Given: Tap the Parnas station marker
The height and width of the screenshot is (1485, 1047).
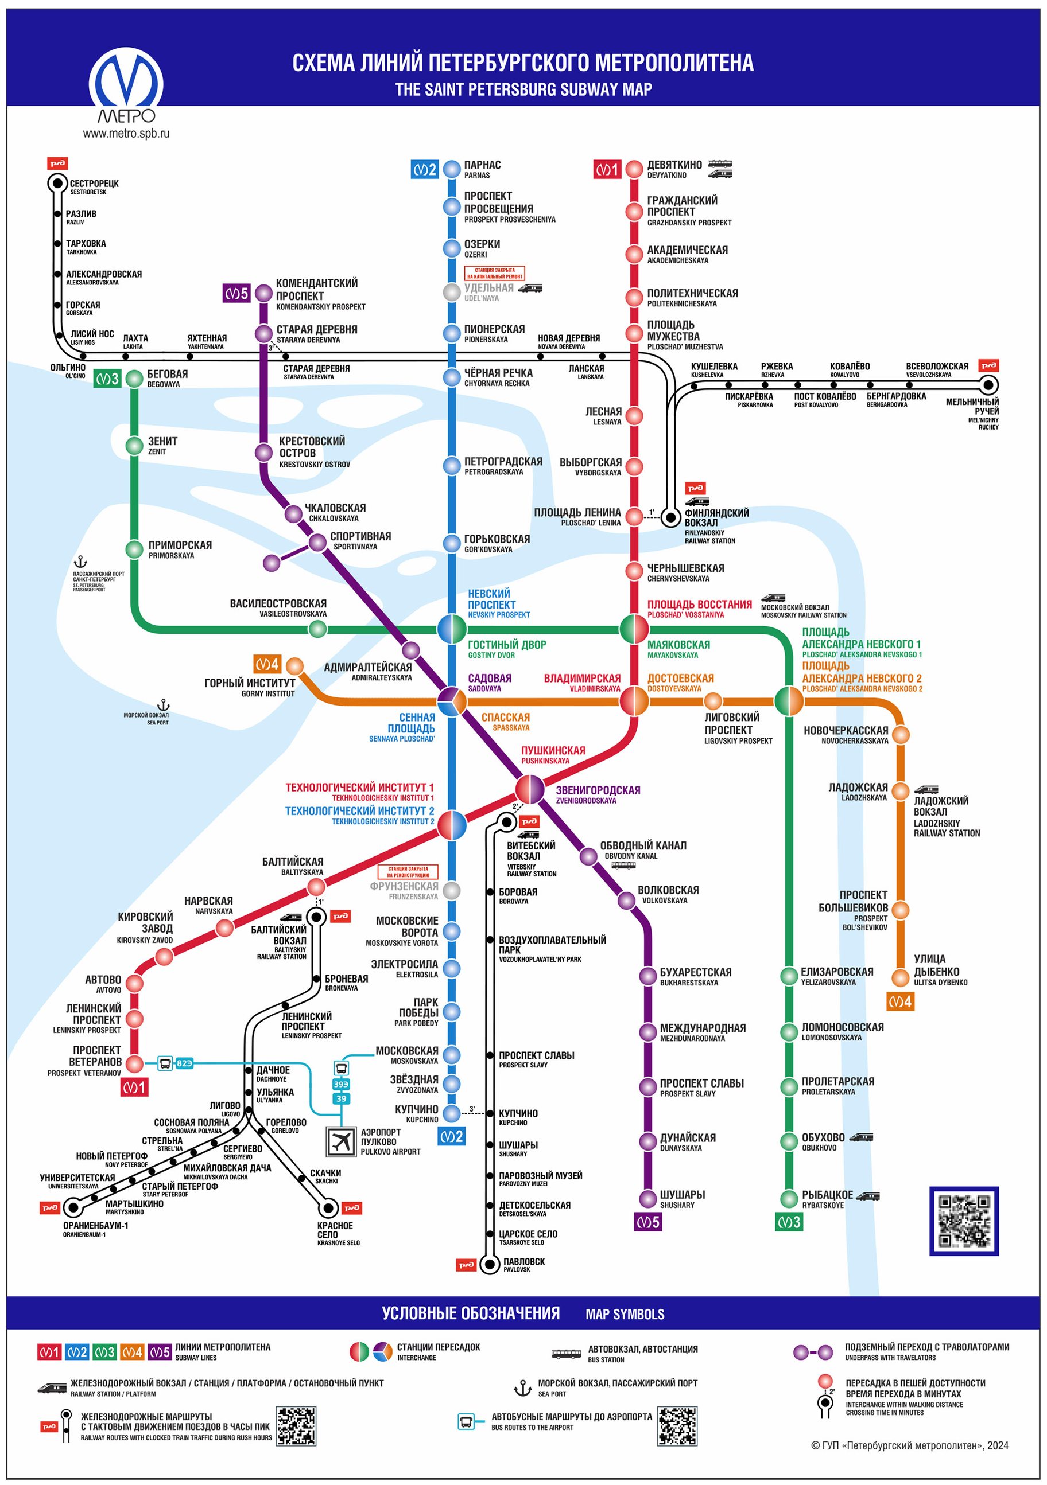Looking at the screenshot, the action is point(451,169).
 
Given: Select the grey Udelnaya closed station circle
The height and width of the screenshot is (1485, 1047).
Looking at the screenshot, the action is point(451,292).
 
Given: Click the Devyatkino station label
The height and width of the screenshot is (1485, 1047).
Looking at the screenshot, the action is point(674,169).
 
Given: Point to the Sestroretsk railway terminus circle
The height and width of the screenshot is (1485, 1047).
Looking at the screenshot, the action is point(57,184).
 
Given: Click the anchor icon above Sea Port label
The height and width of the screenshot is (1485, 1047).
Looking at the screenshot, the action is point(164,705).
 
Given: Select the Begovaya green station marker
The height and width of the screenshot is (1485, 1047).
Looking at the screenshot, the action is point(134,379).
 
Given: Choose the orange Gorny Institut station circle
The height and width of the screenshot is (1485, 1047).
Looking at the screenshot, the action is point(294,665).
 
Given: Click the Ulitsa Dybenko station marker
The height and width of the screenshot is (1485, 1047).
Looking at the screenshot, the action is point(900,977).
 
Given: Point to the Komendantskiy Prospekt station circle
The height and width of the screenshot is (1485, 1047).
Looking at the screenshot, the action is point(263,293).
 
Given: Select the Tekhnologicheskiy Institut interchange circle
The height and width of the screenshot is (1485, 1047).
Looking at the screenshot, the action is point(451,825).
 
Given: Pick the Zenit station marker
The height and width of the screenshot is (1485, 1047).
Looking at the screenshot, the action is point(134,446).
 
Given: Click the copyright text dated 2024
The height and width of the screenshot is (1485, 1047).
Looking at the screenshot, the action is point(909,1445).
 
